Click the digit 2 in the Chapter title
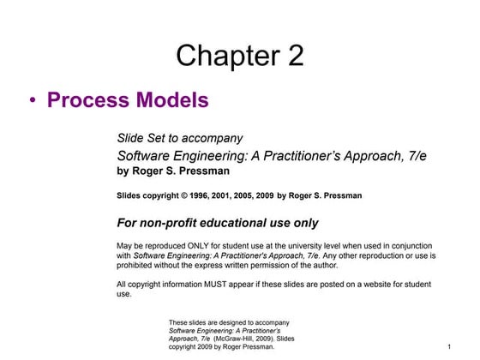pyautogui.click(x=292, y=57)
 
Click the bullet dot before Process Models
pyautogui.click(x=32, y=101)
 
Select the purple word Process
pyautogui.click(x=87, y=100)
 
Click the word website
pyautogui.click(x=381, y=283)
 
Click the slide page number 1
pyautogui.click(x=449, y=346)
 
